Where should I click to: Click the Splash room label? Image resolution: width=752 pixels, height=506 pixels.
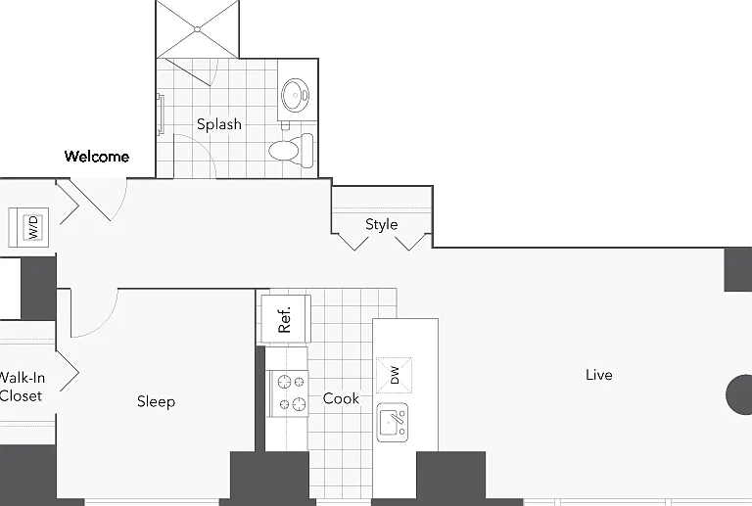219,124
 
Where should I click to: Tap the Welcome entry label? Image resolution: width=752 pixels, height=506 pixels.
97,157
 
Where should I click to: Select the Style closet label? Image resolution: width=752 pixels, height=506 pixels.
381,224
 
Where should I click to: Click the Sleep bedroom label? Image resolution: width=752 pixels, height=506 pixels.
156,401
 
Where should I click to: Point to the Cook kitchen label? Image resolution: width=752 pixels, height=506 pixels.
341,398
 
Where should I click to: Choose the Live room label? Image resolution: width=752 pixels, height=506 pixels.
599,375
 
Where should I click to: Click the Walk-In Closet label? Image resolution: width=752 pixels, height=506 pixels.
22,387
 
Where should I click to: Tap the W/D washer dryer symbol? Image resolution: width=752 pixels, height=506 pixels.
28,227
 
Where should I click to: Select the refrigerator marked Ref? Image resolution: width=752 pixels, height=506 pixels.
285,319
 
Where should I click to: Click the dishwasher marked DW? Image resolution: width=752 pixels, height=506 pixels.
394,375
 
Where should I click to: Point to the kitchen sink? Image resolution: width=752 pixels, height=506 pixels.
393,422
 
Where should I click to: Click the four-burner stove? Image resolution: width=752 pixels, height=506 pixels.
287,392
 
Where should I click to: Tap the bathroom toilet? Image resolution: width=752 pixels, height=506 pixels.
291,151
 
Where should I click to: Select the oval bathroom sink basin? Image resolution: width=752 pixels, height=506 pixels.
295,95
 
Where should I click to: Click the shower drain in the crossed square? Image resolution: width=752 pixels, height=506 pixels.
197,29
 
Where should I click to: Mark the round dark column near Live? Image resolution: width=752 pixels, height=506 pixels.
739,394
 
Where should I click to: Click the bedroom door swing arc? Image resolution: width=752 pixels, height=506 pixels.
104,324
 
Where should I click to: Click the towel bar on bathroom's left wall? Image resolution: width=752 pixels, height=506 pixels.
161,115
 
